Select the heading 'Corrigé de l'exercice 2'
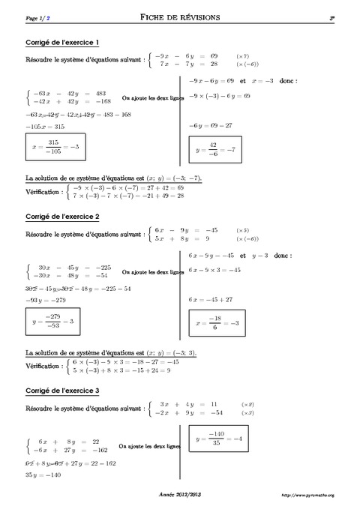(63, 217)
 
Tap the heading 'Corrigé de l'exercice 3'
(63, 391)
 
